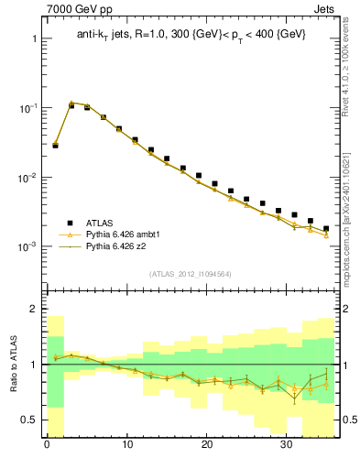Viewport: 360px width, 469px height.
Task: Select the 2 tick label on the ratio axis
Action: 35,310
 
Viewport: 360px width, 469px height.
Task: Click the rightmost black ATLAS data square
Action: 326,228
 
